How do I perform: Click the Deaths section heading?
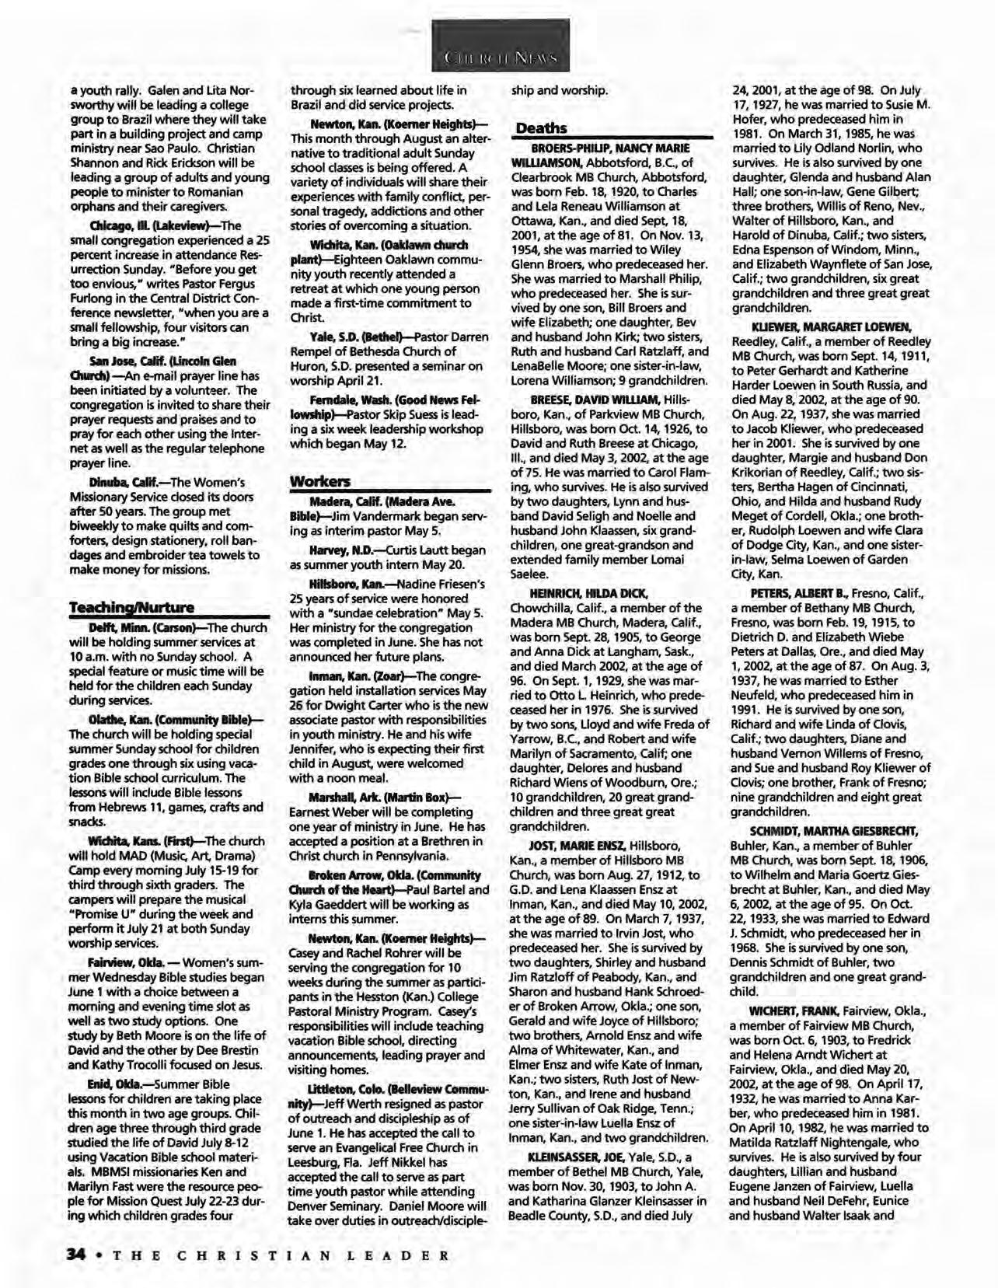tap(542, 128)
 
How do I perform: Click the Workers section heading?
tap(319, 481)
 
